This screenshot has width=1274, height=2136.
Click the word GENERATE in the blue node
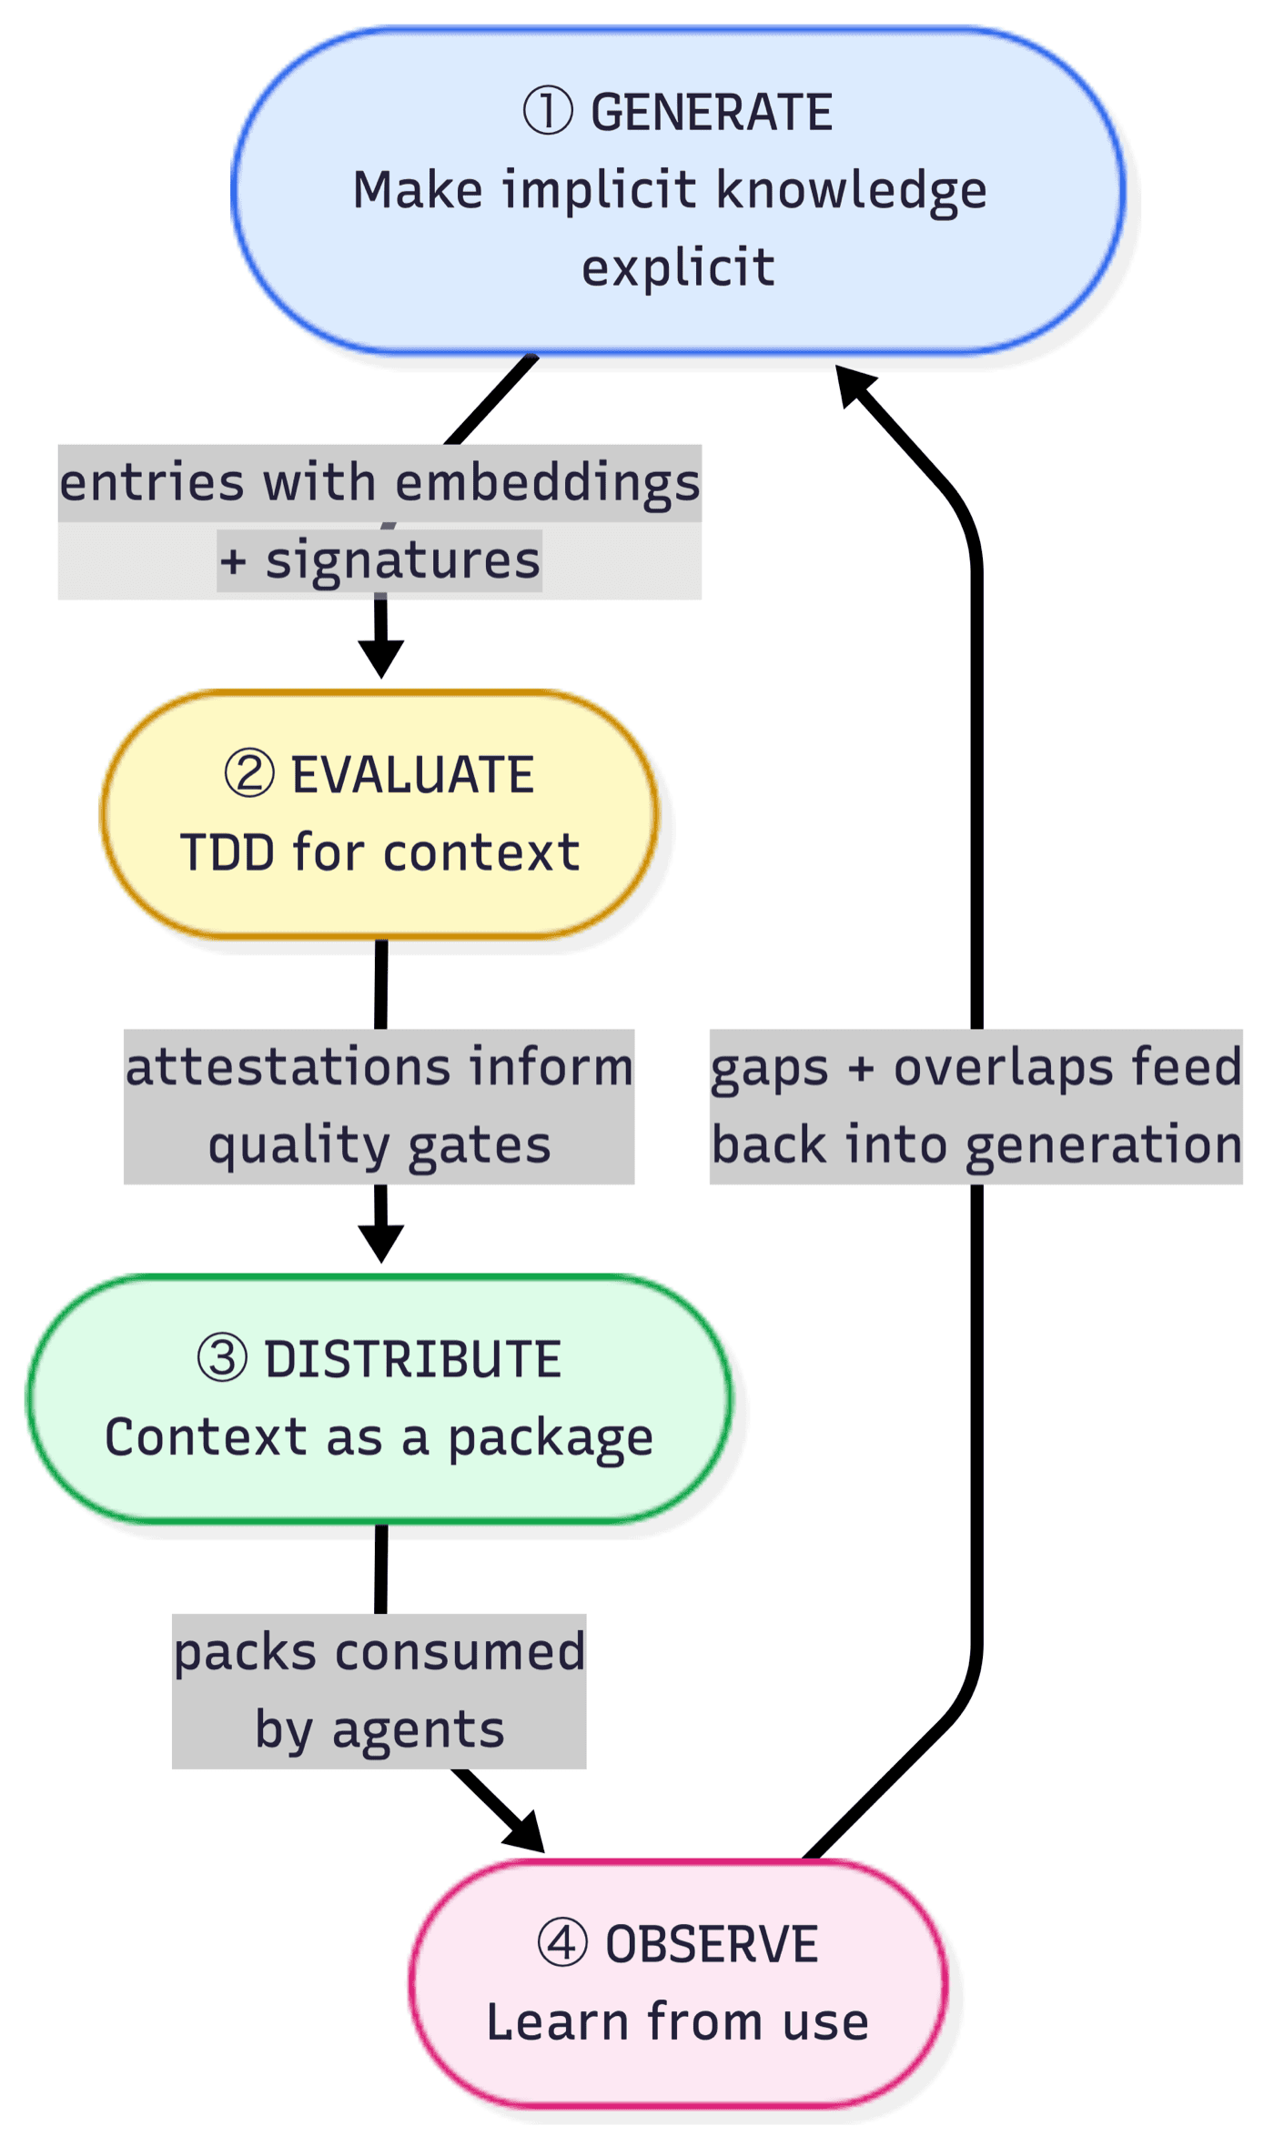(x=712, y=114)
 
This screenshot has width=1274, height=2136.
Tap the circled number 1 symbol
(x=548, y=111)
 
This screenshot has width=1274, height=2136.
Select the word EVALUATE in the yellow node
(x=412, y=775)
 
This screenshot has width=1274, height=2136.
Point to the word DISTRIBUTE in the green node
(x=412, y=1360)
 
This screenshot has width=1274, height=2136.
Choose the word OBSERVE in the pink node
(x=712, y=1945)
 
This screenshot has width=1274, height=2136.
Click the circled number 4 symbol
(x=561, y=1943)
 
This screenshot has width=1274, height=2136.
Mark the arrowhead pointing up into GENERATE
(x=853, y=383)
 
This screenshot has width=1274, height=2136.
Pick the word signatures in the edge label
(x=402, y=560)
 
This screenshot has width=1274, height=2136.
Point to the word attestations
(x=288, y=1067)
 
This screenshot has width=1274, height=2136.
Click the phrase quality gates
(x=379, y=1144)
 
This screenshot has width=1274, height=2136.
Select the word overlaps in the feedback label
(x=1003, y=1067)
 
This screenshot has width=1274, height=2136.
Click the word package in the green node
(x=550, y=1438)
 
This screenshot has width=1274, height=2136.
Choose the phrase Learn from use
(x=678, y=2022)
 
